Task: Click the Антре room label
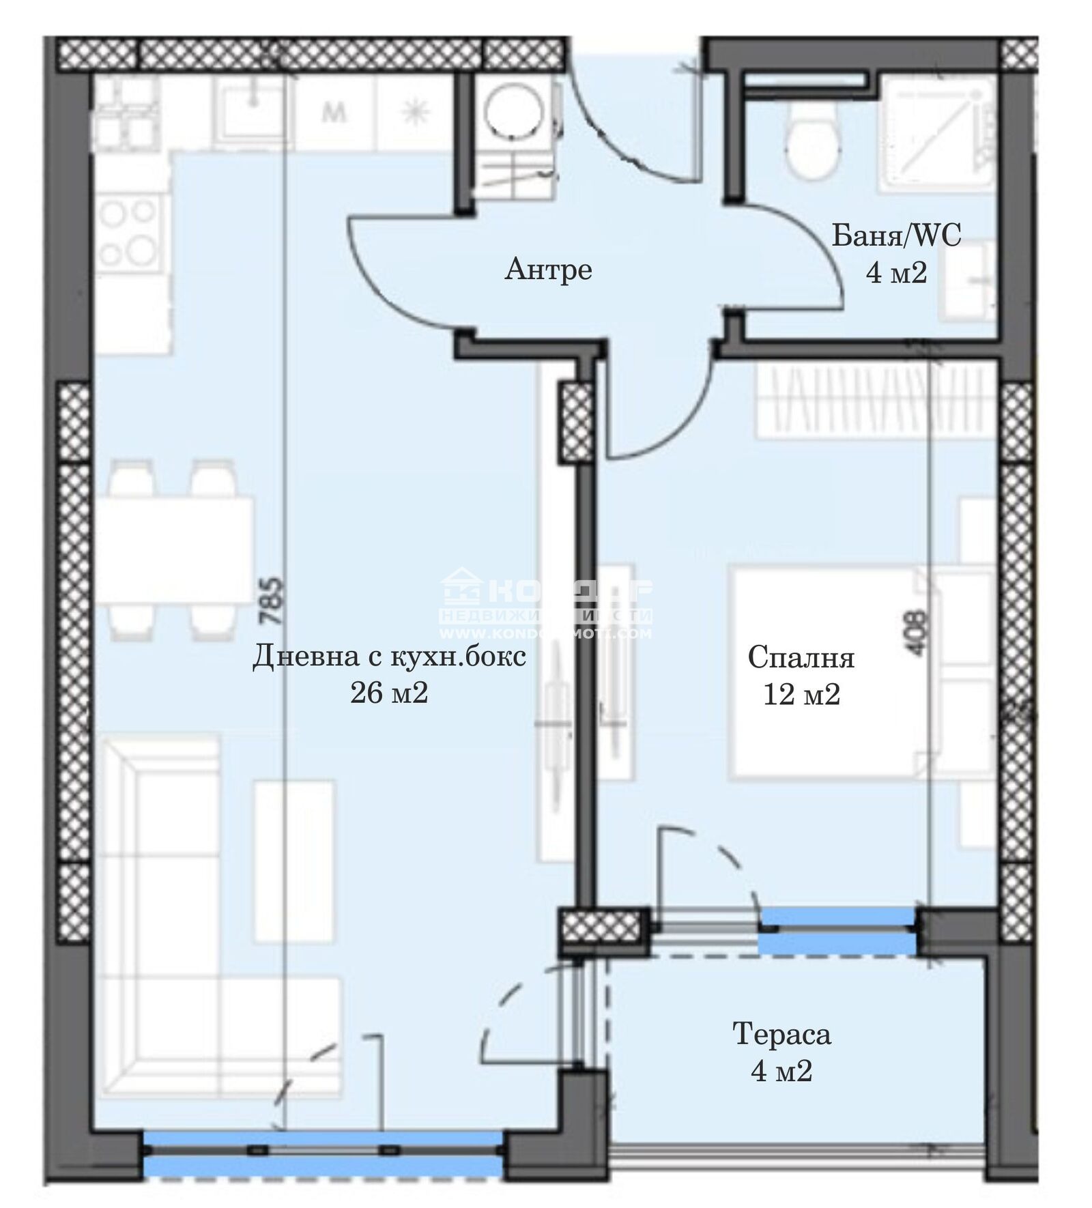(548, 270)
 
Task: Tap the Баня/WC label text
(896, 236)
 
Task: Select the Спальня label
(801, 658)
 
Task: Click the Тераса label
(781, 1034)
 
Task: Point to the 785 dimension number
(272, 601)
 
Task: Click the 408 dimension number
(917, 633)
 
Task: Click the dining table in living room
(174, 550)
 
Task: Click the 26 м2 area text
(389, 693)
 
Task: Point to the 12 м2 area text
(801, 695)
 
